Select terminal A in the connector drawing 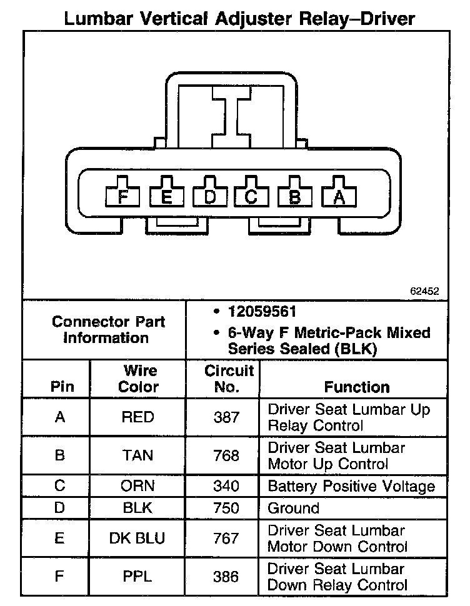[x=339, y=197]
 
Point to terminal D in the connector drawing [x=210, y=197]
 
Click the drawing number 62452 [x=425, y=291]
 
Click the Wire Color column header [x=138, y=379]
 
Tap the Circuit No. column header [x=229, y=379]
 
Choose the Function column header [x=356, y=387]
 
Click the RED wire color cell [x=138, y=417]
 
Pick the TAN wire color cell [x=138, y=456]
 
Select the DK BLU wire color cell [x=138, y=538]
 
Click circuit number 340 [x=226, y=486]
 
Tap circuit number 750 [x=226, y=508]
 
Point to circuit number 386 [x=226, y=577]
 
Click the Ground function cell [x=294, y=508]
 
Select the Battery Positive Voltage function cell [x=351, y=486]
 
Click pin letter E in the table [x=60, y=538]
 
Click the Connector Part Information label [x=109, y=330]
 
